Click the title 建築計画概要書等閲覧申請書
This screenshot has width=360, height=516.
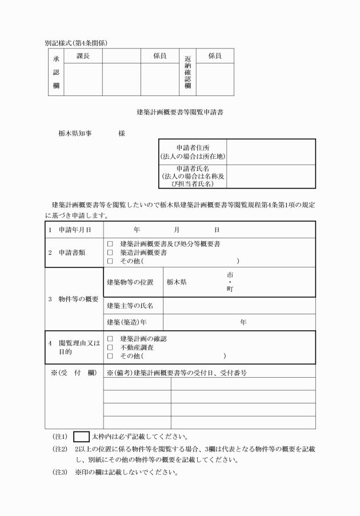coord(179,112)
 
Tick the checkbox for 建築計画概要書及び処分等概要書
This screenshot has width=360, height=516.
coord(110,244)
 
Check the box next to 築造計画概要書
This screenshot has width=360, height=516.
coord(110,252)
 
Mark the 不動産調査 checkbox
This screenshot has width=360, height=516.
coord(110,347)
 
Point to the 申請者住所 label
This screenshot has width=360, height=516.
coord(193,151)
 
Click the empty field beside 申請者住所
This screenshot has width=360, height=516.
coord(270,151)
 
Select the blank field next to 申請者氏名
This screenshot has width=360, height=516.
coord(270,176)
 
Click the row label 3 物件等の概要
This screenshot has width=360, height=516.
coord(73,299)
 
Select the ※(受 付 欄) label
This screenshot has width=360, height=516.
coord(73,373)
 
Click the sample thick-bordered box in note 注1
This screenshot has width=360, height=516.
coord(82,437)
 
